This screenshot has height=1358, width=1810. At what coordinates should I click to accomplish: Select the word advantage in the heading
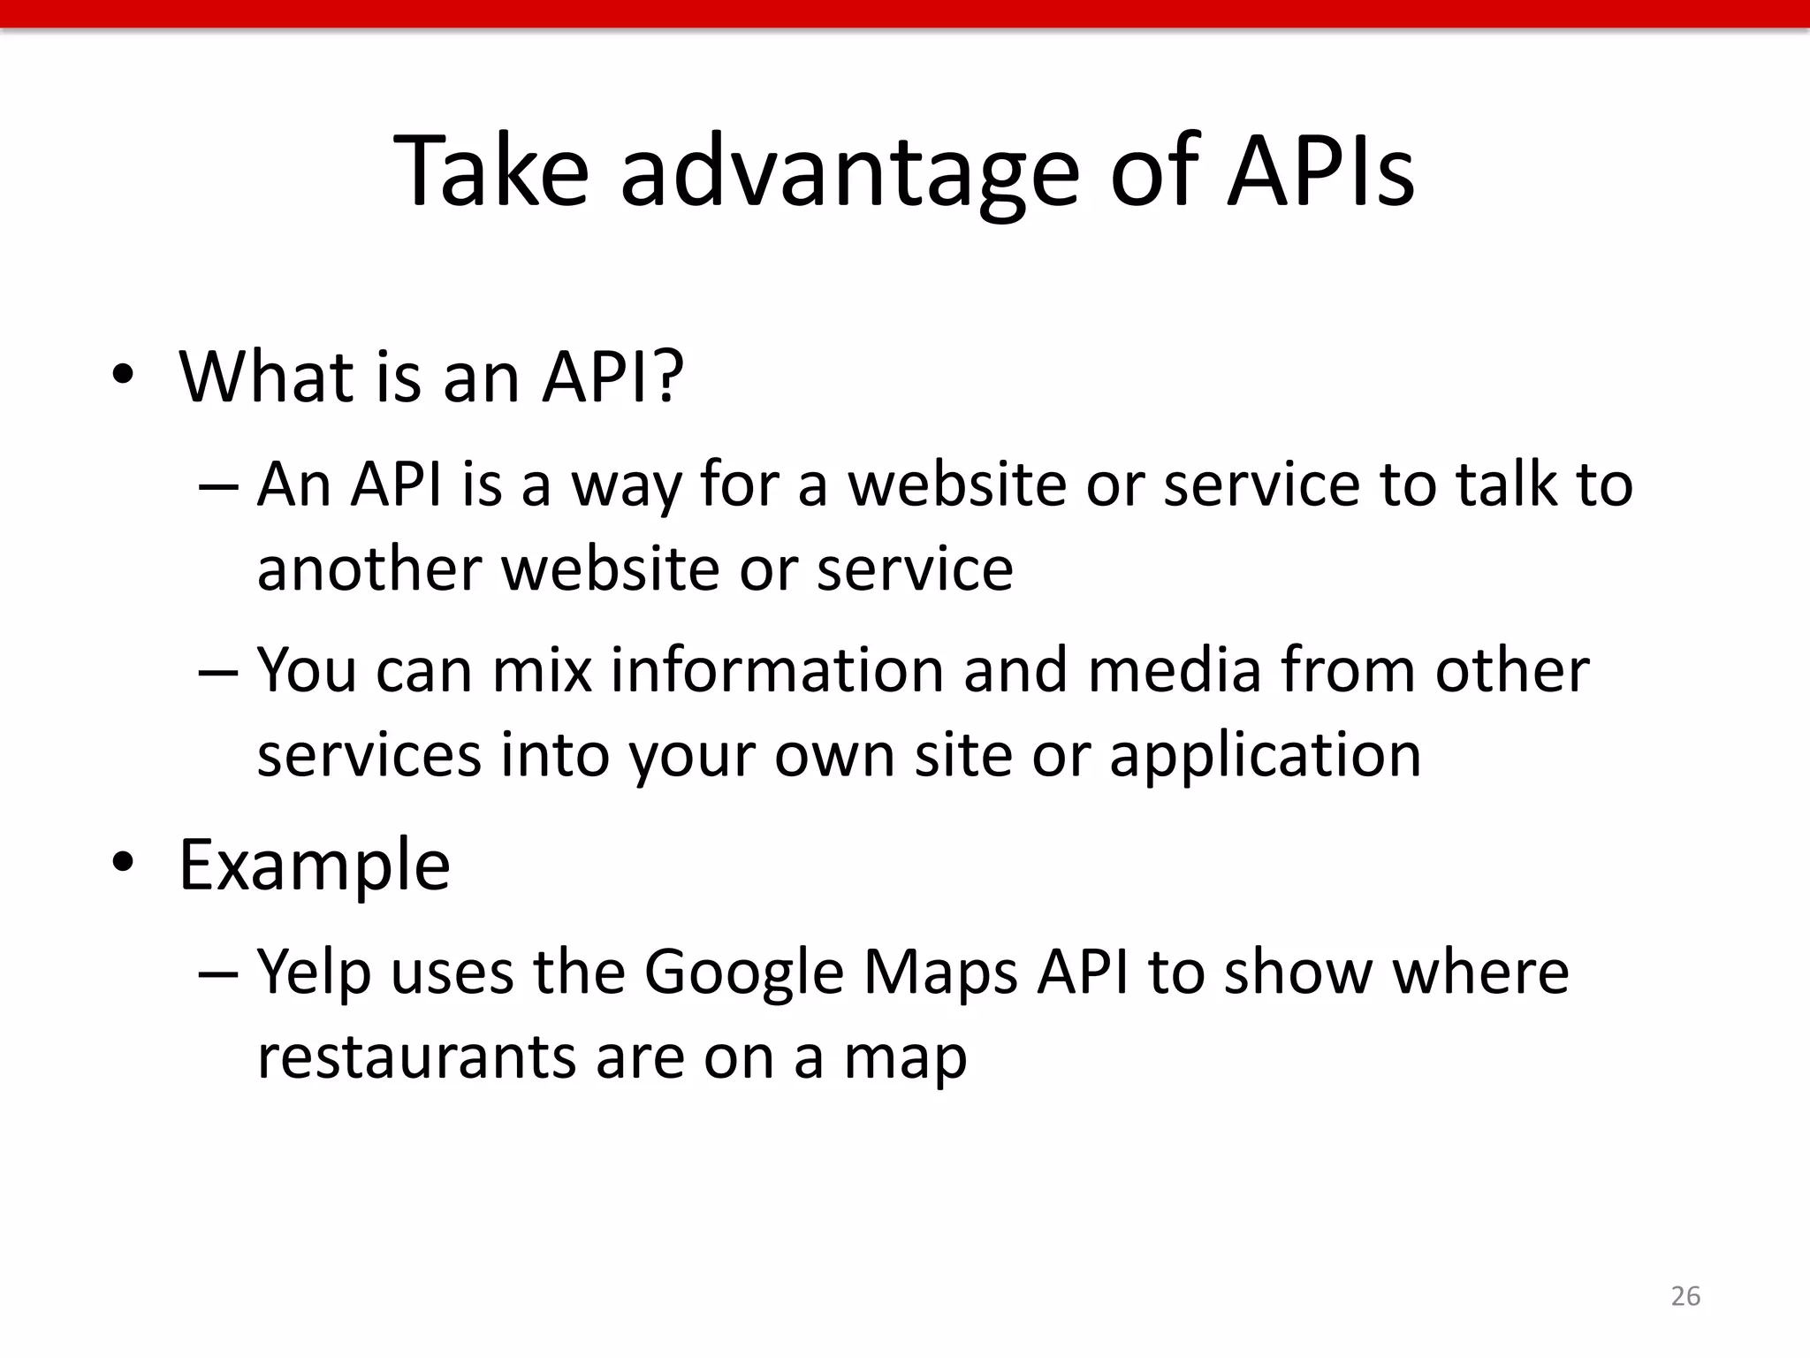point(849,173)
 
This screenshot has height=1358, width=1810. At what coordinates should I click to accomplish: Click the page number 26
point(1685,1296)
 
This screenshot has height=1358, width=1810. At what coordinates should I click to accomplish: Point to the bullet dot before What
point(123,377)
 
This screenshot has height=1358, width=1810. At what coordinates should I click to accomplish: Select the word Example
point(315,866)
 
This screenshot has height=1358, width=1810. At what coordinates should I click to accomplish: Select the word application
point(1266,757)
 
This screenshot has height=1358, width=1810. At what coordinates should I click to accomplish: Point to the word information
point(778,670)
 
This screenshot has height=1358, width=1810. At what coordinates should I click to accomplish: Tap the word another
point(369,568)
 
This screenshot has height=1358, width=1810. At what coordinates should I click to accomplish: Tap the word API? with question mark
point(612,377)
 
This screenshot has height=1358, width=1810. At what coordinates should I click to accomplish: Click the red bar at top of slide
point(905,13)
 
